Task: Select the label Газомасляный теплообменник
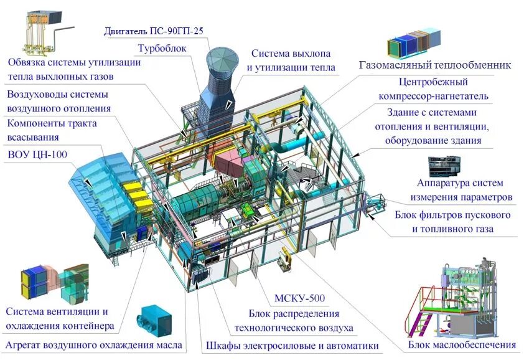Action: coord(435,65)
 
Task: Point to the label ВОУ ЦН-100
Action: coord(37,153)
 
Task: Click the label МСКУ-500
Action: coord(299,298)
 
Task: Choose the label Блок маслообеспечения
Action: coord(462,344)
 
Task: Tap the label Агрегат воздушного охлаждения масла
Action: coord(94,344)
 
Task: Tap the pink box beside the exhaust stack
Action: coord(230,162)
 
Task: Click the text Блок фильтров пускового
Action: coord(452,216)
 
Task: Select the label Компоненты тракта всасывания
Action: coord(52,130)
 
